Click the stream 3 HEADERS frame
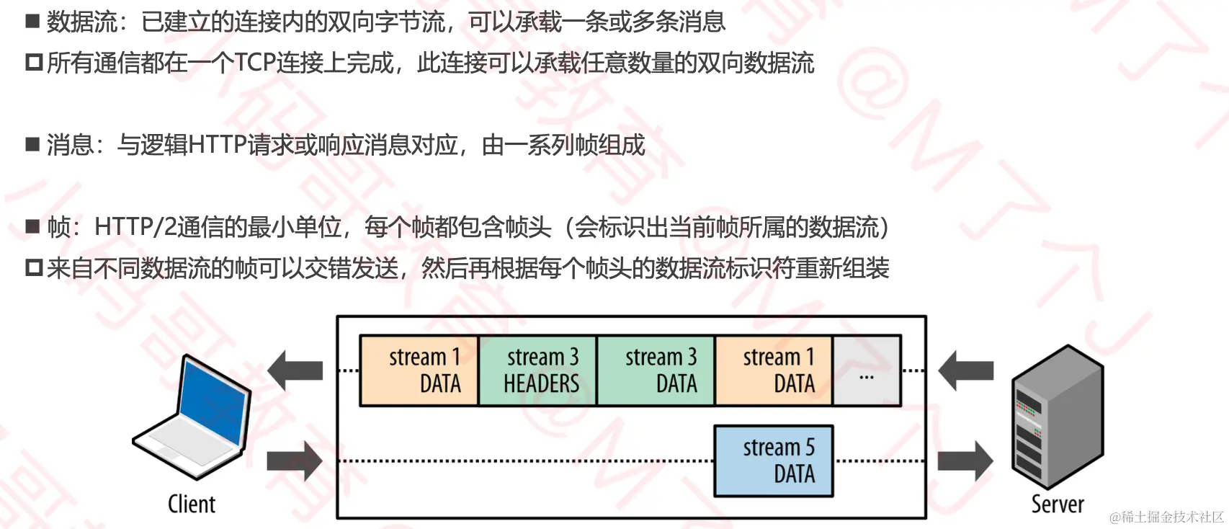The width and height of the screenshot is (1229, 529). [x=537, y=370]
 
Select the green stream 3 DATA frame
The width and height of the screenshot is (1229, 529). [x=656, y=370]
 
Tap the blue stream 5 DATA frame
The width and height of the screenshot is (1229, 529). [x=774, y=461]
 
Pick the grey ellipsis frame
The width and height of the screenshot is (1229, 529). [x=866, y=370]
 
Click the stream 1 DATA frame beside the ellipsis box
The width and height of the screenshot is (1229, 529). [x=774, y=370]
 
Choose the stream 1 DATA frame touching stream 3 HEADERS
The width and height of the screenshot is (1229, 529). [x=419, y=370]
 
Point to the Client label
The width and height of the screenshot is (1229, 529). [x=192, y=504]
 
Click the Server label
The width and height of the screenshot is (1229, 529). [x=1057, y=504]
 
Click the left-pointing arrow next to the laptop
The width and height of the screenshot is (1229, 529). [x=295, y=370]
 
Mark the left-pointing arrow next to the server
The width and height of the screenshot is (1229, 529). [x=966, y=370]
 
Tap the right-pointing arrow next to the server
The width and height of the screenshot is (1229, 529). [x=965, y=461]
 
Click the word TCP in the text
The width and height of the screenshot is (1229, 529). [x=255, y=63]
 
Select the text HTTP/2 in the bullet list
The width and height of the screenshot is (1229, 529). [x=135, y=228]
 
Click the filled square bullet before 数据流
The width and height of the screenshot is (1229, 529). [x=32, y=21]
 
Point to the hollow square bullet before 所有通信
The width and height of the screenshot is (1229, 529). [x=34, y=63]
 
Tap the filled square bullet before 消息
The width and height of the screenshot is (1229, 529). [x=32, y=144]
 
